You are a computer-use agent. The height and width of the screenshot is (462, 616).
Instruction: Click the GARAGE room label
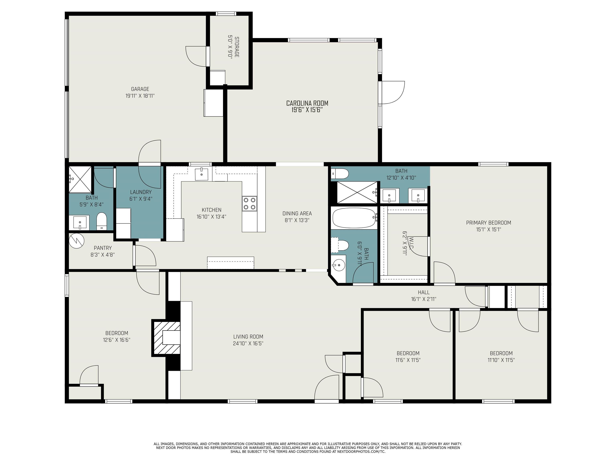(140, 89)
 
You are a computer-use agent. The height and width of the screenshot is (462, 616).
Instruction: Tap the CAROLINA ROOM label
(307, 103)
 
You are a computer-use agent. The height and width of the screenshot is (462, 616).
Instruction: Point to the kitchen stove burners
(249, 203)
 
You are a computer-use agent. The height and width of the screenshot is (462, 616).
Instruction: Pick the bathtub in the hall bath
(354, 218)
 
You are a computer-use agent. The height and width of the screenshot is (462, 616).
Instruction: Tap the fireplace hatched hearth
(166, 338)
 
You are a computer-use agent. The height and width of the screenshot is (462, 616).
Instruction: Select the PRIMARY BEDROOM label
(488, 223)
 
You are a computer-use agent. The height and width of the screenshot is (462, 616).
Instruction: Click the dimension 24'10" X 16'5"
(248, 343)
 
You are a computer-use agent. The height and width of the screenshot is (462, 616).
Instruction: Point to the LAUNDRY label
(141, 192)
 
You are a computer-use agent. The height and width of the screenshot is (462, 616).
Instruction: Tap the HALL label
(423, 292)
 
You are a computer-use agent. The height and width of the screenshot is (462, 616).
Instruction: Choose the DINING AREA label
(297, 214)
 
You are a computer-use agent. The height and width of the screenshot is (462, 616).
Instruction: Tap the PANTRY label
(103, 248)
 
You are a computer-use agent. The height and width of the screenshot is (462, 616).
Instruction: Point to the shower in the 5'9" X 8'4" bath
(80, 179)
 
